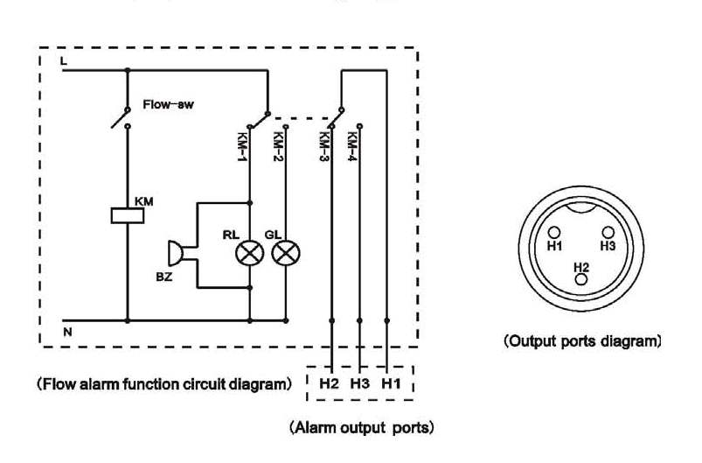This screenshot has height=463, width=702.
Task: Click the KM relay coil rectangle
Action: (128, 215)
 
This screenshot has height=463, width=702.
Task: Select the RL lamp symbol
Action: (251, 254)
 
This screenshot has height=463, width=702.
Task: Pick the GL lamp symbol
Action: (285, 254)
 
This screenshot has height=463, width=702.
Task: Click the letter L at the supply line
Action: (63, 61)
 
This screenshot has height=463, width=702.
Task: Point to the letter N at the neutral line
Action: (67, 333)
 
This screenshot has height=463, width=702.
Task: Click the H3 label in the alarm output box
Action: (358, 383)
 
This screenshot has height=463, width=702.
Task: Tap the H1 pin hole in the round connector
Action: (554, 233)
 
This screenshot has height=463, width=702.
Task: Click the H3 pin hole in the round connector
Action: (608, 233)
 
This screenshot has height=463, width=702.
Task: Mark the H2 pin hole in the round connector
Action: (581, 280)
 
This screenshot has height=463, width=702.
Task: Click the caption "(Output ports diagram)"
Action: (582, 340)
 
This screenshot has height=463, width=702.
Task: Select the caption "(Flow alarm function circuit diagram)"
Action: (163, 383)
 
